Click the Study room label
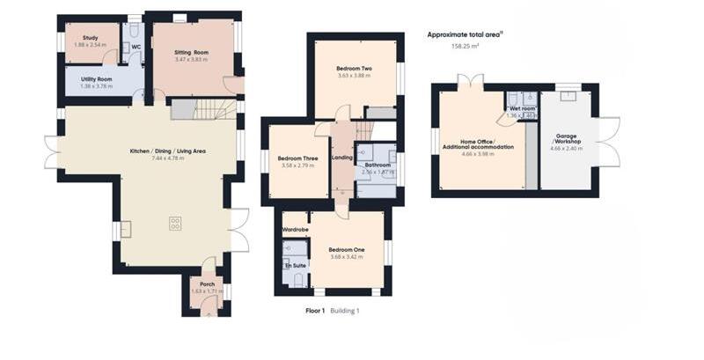tap(90, 38)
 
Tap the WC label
tap(136, 47)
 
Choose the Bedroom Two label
tap(354, 68)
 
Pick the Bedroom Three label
tap(297, 158)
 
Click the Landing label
tap(341, 158)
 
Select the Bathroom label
tap(378, 165)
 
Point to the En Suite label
tap(293, 264)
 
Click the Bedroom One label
tap(346, 249)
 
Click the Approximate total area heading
tap(463, 34)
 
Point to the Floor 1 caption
tap(315, 311)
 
